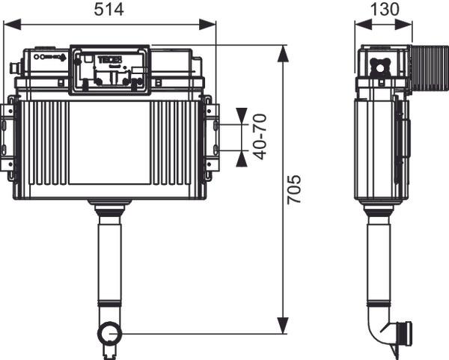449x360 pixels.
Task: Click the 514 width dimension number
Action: click(109, 10)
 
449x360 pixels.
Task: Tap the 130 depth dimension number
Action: click(384, 10)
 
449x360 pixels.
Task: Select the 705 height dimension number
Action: click(295, 192)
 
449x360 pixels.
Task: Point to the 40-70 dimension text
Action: click(260, 135)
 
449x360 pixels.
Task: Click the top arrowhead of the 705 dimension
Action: click(283, 52)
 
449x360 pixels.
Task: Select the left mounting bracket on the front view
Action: click(7, 136)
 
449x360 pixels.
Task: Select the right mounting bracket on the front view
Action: click(212, 136)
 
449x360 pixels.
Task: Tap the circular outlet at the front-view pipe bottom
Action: click(109, 332)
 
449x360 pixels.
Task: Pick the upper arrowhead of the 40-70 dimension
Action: click(241, 117)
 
